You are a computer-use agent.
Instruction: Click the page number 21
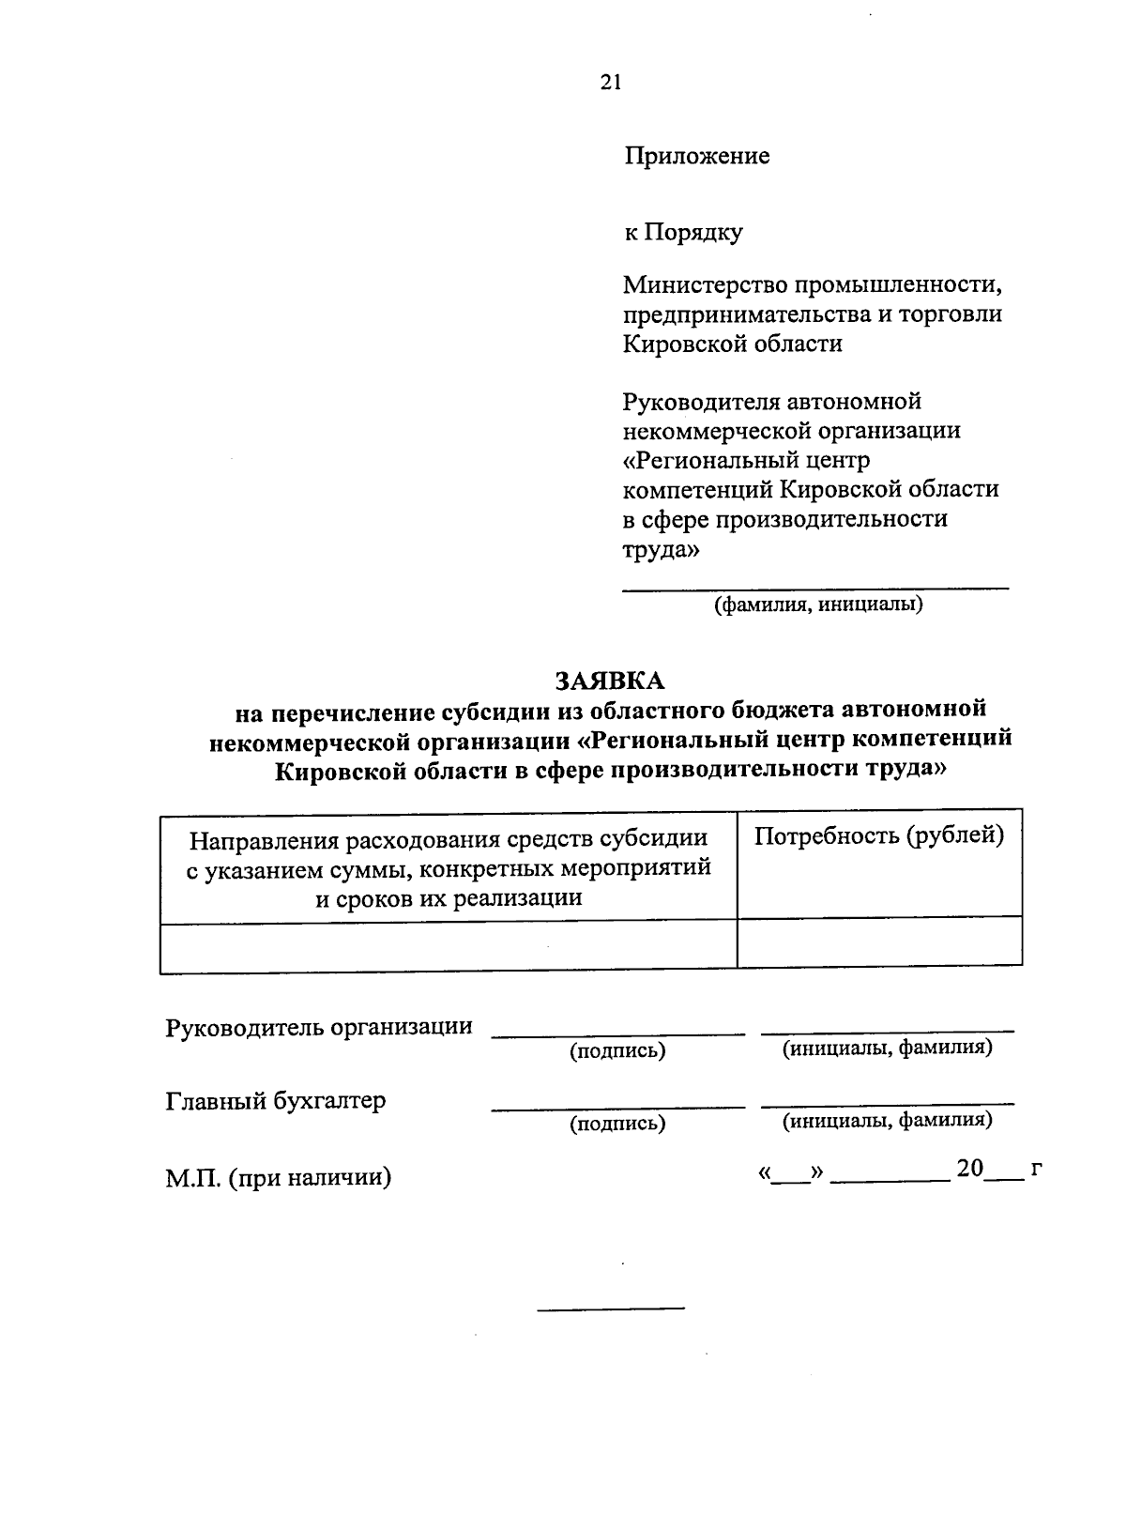tap(610, 83)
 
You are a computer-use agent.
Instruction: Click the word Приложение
tap(696, 156)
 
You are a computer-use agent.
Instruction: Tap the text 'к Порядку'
tap(683, 231)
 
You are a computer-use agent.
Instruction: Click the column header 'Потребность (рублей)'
tap(879, 835)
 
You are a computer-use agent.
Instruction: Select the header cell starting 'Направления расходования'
tap(449, 867)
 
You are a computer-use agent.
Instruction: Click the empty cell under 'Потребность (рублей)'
tap(879, 942)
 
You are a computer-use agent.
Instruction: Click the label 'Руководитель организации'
tap(319, 1027)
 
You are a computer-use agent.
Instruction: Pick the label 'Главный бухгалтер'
tap(276, 1101)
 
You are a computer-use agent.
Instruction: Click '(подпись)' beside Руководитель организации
tap(617, 1051)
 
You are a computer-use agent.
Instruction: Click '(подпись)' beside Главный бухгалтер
tap(617, 1124)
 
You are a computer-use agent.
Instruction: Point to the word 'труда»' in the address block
tap(662, 550)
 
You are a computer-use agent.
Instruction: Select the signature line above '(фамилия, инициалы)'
tap(816, 589)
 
